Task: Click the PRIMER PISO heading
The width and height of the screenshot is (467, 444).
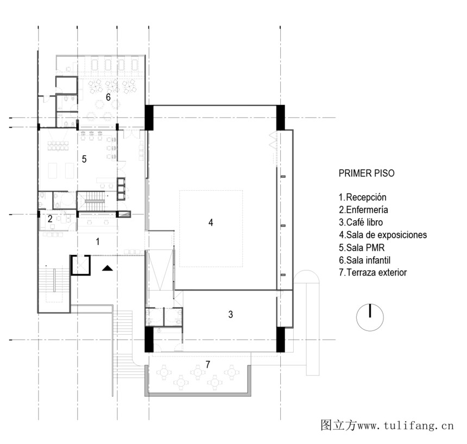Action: pos(367,173)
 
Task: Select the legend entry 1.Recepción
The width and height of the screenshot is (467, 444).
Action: pos(362,197)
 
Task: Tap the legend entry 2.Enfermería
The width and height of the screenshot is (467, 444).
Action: pos(363,210)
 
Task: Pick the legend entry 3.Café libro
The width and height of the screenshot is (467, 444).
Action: pos(361,222)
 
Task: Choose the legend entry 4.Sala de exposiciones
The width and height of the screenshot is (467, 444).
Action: pos(383,235)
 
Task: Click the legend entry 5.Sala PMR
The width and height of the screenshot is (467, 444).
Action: pos(362,248)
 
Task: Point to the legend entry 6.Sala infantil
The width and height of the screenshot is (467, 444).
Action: pos(364,260)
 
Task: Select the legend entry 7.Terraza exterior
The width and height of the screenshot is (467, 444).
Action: pos(373,272)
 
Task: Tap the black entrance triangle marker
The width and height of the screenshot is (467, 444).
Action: pos(108,268)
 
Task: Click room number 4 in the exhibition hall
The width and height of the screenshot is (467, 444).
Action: pos(211,223)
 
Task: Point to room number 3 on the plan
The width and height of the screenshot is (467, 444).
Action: pos(231,314)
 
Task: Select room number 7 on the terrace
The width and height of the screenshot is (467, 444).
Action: pos(208,364)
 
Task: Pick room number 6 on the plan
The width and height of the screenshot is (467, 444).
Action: pos(108,97)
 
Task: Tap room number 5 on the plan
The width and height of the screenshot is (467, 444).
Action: pos(84,159)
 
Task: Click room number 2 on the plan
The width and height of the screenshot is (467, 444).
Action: pos(50,219)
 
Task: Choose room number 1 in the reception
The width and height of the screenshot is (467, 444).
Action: pos(98,242)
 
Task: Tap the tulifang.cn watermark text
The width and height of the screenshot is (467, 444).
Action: pos(387,425)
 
